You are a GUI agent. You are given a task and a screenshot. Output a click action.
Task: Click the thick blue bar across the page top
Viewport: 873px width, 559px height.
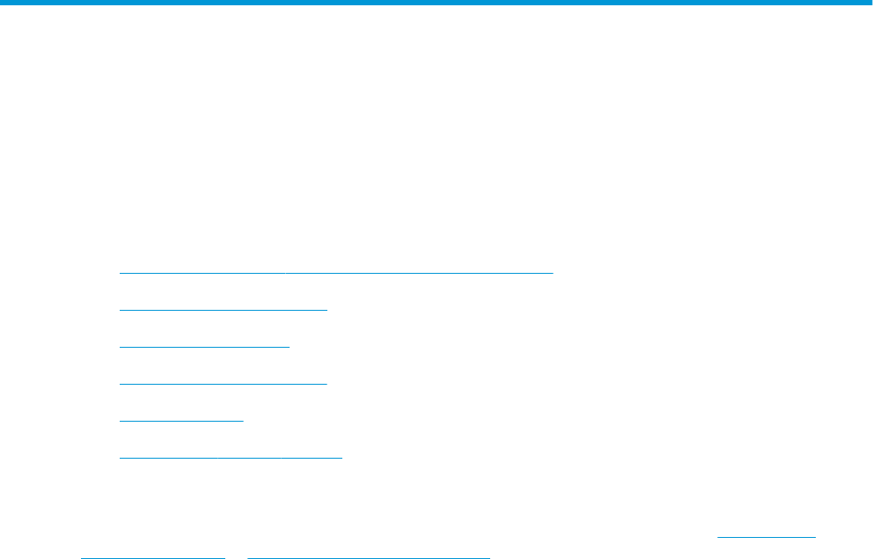[x=436, y=4]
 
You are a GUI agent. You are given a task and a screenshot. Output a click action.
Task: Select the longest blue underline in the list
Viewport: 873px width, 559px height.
[x=336, y=273]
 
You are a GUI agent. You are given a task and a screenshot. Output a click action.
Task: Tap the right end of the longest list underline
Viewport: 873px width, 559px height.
[x=552, y=273]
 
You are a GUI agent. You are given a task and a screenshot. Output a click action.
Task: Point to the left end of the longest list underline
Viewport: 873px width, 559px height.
[x=121, y=273]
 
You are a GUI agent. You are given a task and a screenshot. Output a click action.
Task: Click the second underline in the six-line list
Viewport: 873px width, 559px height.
[x=224, y=310]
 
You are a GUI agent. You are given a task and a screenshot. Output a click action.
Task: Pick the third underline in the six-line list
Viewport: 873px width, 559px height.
[x=204, y=347]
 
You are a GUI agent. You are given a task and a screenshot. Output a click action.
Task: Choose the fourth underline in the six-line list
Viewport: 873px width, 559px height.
[x=224, y=384]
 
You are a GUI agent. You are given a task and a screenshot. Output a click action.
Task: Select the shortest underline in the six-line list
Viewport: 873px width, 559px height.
[x=181, y=421]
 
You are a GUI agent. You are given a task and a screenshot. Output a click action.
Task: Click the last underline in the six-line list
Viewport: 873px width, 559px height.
[x=231, y=458]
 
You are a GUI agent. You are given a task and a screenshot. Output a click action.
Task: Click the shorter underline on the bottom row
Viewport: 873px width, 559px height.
[x=153, y=556]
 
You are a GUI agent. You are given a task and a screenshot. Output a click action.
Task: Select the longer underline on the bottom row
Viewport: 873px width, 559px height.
[x=369, y=556]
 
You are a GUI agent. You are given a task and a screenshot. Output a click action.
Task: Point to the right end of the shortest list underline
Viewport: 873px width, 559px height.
[x=243, y=421]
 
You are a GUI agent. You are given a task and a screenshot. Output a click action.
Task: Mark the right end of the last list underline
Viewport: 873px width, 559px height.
[x=341, y=458]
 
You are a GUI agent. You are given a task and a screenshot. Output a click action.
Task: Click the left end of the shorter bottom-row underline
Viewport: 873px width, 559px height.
[x=82, y=556]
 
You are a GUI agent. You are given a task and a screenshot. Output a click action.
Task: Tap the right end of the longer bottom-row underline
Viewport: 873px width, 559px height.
[x=488, y=556]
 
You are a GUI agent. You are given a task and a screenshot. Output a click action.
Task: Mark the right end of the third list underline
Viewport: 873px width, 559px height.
[x=289, y=347]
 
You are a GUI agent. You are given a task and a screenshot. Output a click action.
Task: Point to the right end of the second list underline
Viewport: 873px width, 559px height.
[x=326, y=310]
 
